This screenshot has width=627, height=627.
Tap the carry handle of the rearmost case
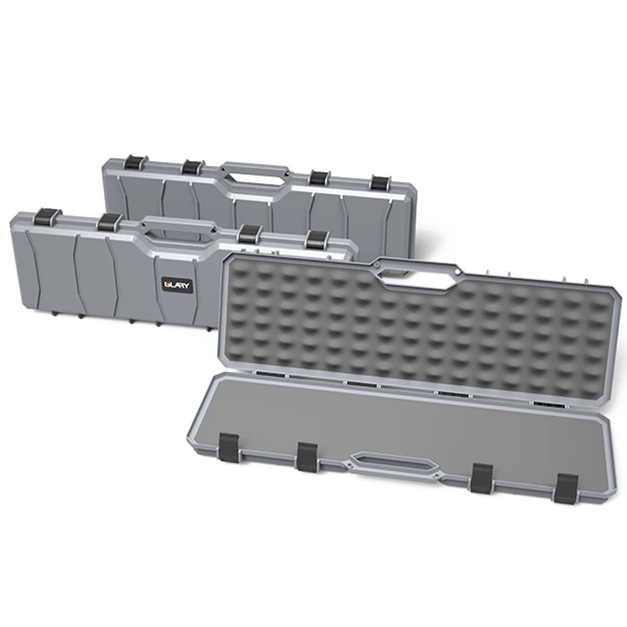coord(253,169)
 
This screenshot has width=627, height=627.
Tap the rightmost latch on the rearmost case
coord(380,183)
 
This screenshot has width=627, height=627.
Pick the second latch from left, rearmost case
coord(192,166)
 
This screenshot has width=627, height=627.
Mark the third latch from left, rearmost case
coord(317,178)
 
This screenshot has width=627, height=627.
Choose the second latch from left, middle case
coord(109,222)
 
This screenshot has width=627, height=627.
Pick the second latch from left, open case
coord(307,456)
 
